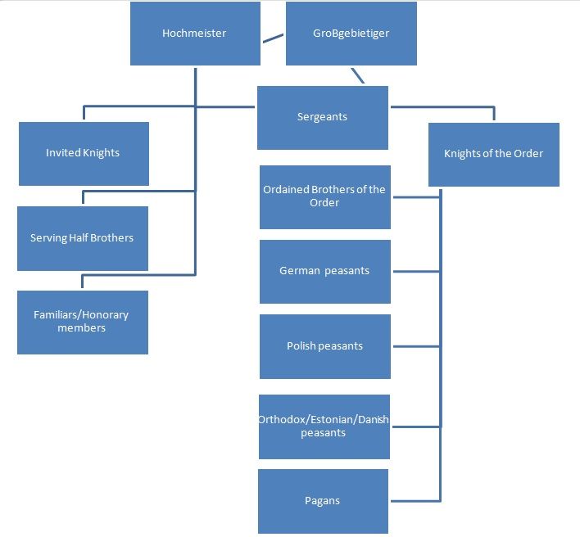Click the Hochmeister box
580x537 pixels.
pyautogui.click(x=195, y=34)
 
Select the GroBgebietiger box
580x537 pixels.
pyautogui.click(x=351, y=34)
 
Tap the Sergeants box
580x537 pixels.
pyautogui.click(x=322, y=117)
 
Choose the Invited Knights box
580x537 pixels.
pyautogui.click(x=84, y=153)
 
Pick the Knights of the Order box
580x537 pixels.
pyautogui.click(x=493, y=154)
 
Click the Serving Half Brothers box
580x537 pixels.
pyautogui.click(x=82, y=238)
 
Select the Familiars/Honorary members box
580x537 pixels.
pyautogui.click(x=82, y=322)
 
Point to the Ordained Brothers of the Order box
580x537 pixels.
pyautogui.click(x=324, y=196)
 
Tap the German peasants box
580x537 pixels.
pyautogui.click(x=324, y=271)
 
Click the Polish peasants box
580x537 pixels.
pyautogui.click(x=324, y=346)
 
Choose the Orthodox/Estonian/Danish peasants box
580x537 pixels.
pyautogui.click(x=324, y=426)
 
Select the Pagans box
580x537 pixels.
pyautogui.click(x=323, y=501)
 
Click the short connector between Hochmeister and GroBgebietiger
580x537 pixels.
pyautogui.click(x=273, y=38)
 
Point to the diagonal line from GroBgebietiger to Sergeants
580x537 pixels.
pyautogui.click(x=357, y=75)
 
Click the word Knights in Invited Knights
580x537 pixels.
pyautogui.click(x=102, y=153)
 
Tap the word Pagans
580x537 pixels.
pyautogui.click(x=323, y=501)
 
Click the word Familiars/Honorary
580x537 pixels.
pyautogui.click(x=81, y=315)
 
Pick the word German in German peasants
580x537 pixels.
pyautogui.click(x=299, y=271)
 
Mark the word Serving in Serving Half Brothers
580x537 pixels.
pyautogui.click(x=48, y=238)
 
